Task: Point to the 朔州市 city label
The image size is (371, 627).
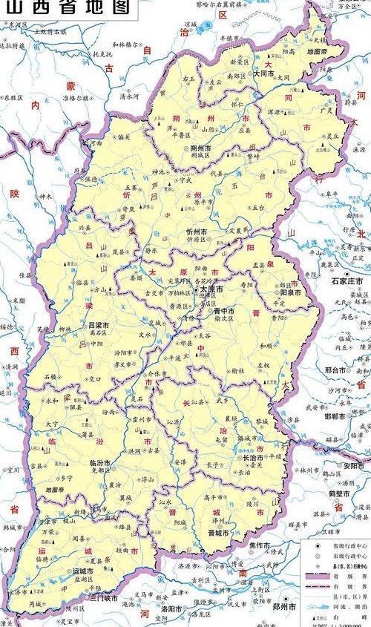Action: [x=194, y=148]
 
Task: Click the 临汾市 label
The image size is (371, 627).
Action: [x=101, y=462]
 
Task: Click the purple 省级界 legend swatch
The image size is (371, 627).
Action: [x=317, y=577]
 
